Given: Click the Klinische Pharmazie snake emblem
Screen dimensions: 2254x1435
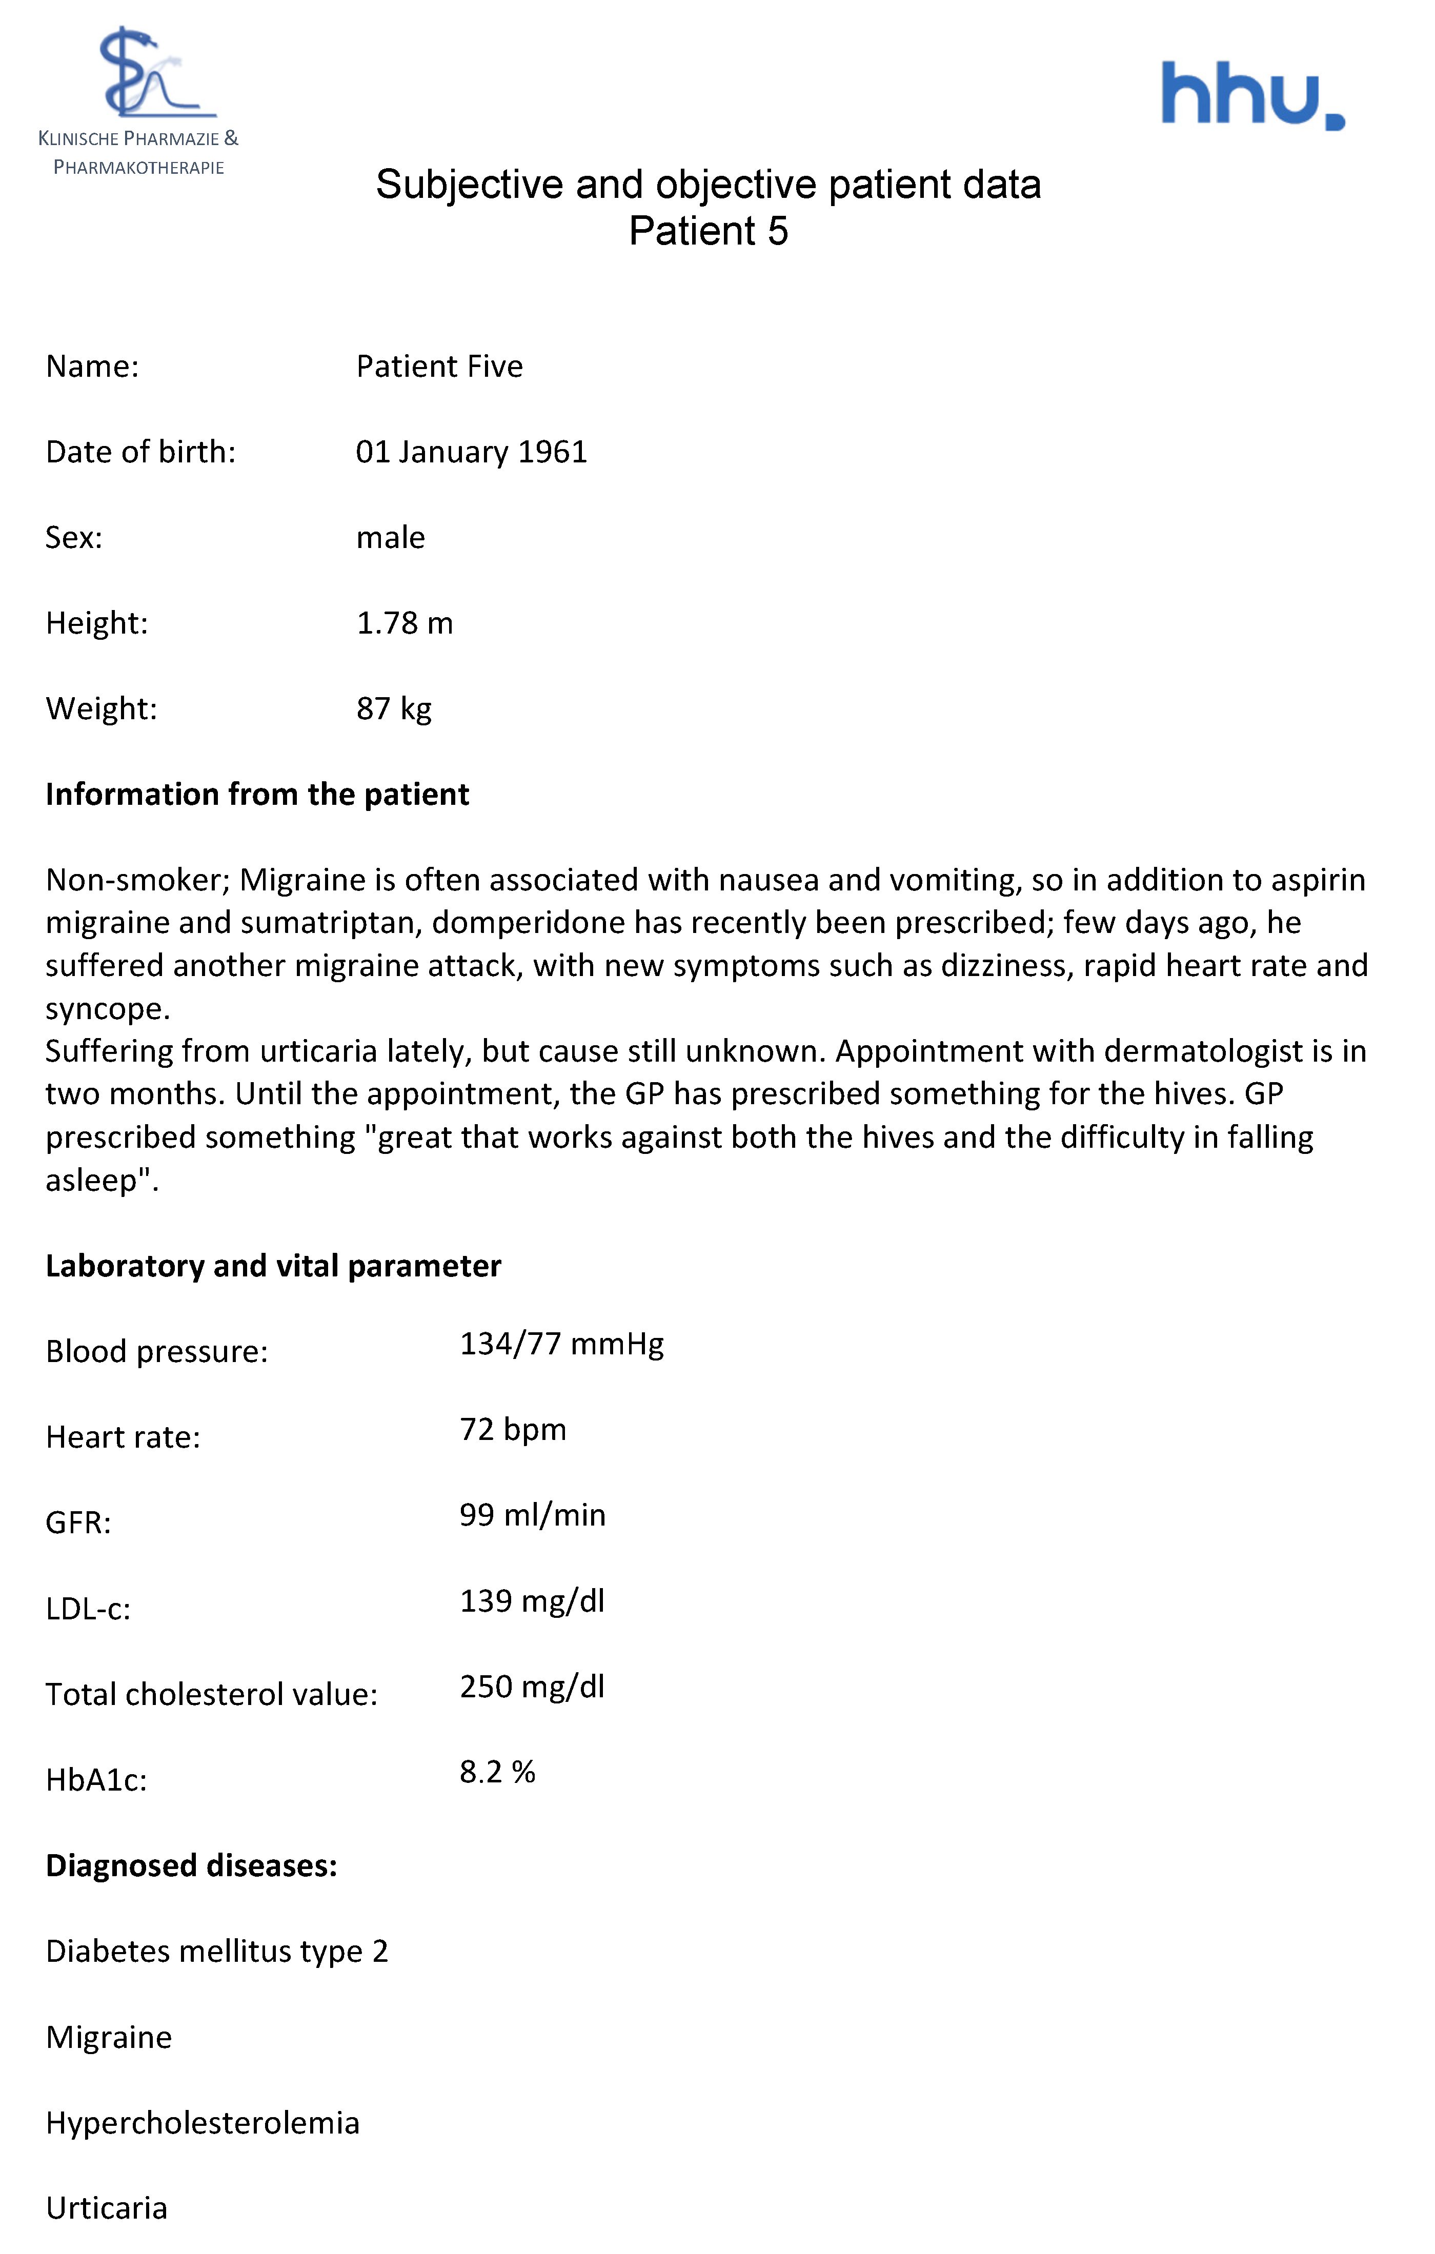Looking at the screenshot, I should (x=150, y=75).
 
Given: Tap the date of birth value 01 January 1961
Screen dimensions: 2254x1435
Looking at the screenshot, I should (x=471, y=452).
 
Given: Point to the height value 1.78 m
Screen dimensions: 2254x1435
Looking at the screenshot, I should (x=405, y=623).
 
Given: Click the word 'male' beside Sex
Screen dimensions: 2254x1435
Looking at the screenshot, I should (x=390, y=538).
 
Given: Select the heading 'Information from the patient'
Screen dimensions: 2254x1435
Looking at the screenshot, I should (x=257, y=795).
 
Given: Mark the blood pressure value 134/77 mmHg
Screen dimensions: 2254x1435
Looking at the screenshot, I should (x=561, y=1344).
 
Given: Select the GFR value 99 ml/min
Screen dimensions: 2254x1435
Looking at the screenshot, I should (x=533, y=1515).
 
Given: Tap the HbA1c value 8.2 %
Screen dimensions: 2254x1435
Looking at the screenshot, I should (x=497, y=1772).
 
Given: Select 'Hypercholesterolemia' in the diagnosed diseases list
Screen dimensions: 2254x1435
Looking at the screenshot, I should (x=202, y=2123).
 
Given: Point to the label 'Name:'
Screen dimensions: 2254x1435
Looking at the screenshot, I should (x=92, y=367).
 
